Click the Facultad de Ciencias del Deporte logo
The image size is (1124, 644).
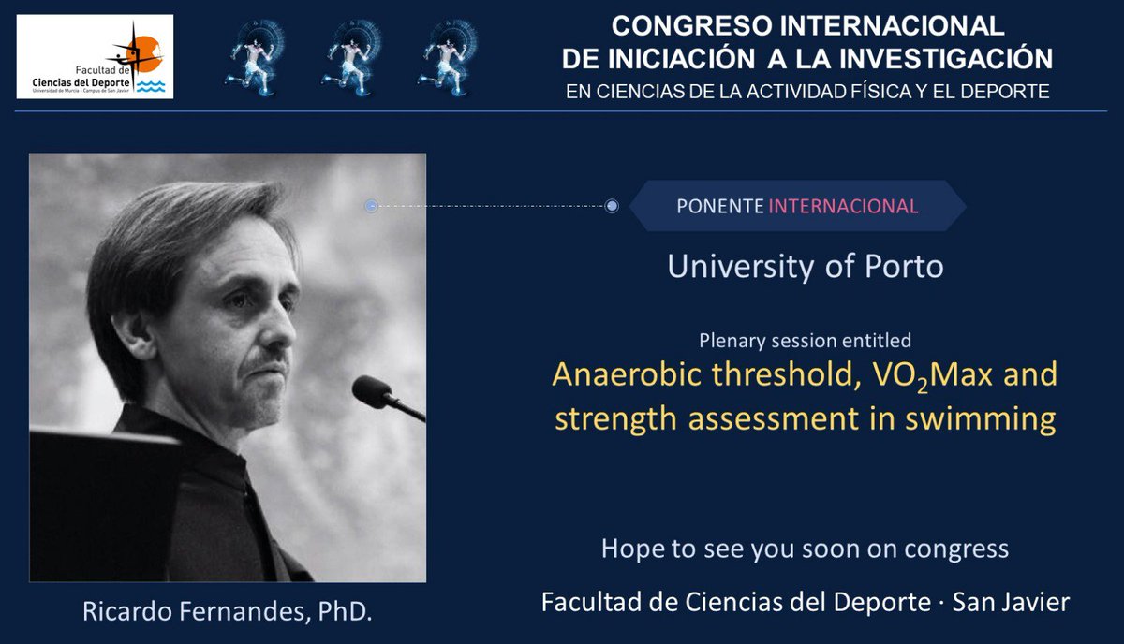point(95,56)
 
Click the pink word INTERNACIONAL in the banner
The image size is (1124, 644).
point(843,207)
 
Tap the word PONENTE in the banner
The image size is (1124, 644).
point(719,207)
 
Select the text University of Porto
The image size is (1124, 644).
point(805,267)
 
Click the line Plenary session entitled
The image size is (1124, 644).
point(805,341)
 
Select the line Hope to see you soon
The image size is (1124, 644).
point(805,549)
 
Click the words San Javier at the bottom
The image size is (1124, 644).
point(1010,603)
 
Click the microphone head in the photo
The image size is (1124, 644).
point(372,391)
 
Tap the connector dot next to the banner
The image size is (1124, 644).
point(612,206)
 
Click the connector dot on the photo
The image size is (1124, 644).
point(371,206)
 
